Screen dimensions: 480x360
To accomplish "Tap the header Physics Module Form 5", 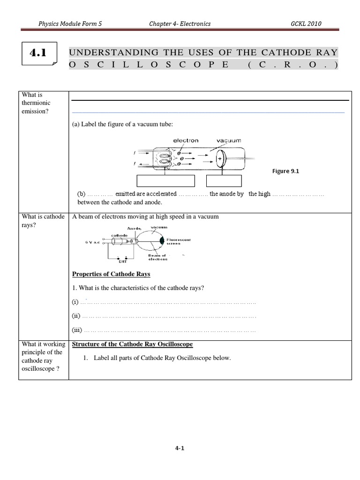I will click(x=70, y=23).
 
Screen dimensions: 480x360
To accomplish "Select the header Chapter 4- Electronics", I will click(x=179, y=23).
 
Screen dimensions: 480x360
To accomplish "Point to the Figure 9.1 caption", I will click(x=285, y=171).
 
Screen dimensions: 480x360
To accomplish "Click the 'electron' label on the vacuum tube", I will click(x=186, y=140).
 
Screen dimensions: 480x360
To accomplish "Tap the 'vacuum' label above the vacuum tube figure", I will click(x=229, y=140).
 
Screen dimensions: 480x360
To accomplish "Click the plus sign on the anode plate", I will click(x=220, y=160).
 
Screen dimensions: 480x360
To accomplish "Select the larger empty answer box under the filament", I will click(x=165, y=181).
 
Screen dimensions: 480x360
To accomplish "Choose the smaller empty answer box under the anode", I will click(x=224, y=181).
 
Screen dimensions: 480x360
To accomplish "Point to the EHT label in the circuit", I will click(x=125, y=262).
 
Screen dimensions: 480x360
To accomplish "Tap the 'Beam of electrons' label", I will click(x=157, y=257).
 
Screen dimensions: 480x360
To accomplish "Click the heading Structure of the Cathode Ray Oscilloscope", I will click(x=132, y=344).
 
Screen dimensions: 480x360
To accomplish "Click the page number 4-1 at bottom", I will click(x=180, y=448).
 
